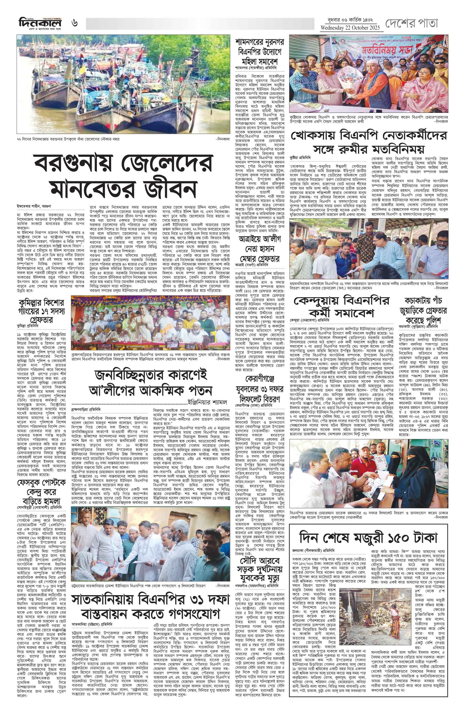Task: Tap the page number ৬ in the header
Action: tap(74, 23)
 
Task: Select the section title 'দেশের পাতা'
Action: tap(411, 23)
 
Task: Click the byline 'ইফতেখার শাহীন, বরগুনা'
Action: tap(34, 206)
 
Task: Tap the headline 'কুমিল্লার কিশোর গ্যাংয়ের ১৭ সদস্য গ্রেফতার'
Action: tap(41, 311)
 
